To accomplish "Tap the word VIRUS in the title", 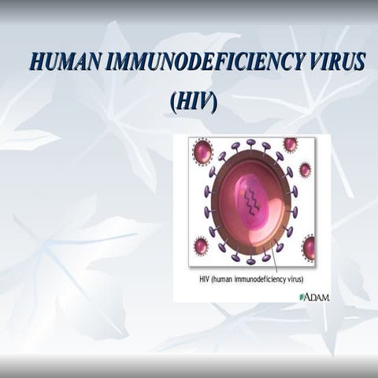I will pyautogui.click(x=331, y=63).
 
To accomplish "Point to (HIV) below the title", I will pyautogui.click(x=193, y=102).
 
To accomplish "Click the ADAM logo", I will pyautogui.click(x=314, y=297).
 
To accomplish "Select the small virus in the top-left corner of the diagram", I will pyautogui.click(x=202, y=151).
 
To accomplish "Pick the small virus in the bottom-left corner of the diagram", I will pyautogui.click(x=201, y=246).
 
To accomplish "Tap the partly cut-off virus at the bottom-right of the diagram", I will pyautogui.click(x=309, y=247).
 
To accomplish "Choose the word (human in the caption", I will pyautogui.click(x=232, y=279).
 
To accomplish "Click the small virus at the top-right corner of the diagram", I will pyautogui.click(x=290, y=144).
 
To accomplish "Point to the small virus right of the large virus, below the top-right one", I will pyautogui.click(x=305, y=169).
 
